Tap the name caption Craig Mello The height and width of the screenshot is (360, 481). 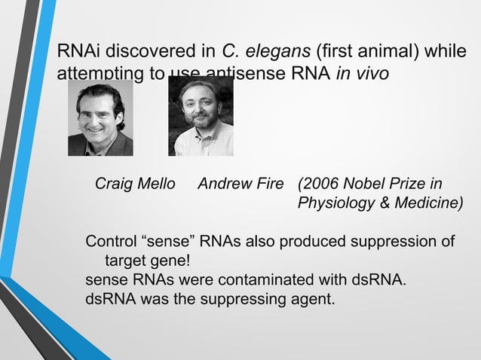135,185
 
